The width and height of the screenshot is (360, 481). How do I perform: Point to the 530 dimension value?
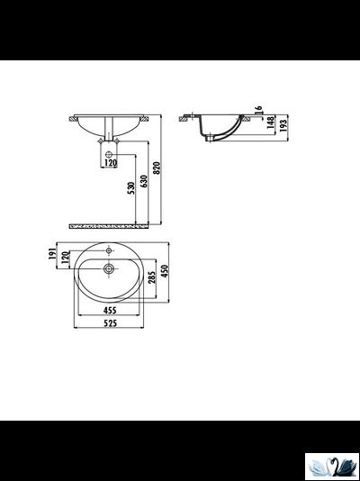point(130,188)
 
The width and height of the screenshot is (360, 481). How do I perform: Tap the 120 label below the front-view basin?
point(110,163)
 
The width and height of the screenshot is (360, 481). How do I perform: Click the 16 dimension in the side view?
point(258,111)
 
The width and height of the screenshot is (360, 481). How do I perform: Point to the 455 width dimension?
point(109,310)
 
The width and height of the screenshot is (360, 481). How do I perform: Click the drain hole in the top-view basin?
point(109,268)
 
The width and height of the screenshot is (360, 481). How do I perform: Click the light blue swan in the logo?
point(319,466)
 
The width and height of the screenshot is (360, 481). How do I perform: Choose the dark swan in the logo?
point(338,465)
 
